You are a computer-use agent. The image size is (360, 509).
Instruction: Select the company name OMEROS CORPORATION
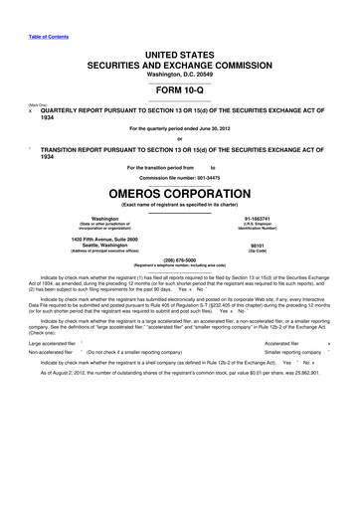point(180,195)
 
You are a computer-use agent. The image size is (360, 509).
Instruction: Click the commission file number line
point(180,177)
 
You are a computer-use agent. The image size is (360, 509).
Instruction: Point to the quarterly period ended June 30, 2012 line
point(180,128)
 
